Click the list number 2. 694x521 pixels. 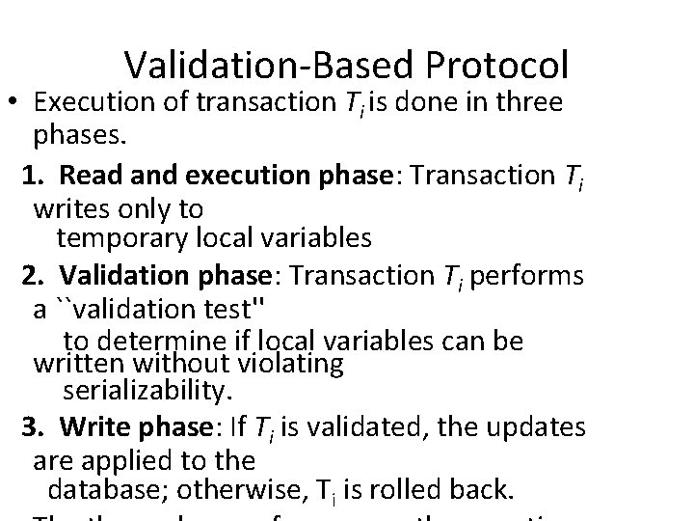31,276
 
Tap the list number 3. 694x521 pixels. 31,426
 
